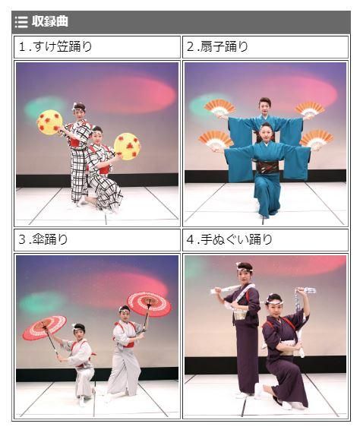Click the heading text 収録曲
(x=49, y=21)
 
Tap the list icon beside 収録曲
(x=21, y=21)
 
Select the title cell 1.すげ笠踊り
(x=97, y=46)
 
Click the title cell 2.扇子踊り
(x=265, y=46)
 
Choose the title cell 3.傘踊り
(x=97, y=239)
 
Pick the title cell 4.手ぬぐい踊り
(x=265, y=239)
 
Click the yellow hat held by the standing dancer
(x=50, y=122)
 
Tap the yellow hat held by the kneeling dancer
(x=128, y=146)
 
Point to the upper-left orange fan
(x=219, y=107)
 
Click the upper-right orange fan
(x=310, y=109)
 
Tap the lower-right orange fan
(x=317, y=138)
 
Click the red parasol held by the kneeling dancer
(x=45, y=327)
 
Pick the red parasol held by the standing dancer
(x=149, y=304)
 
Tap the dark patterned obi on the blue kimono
(x=268, y=166)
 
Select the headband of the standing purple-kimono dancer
(x=244, y=267)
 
